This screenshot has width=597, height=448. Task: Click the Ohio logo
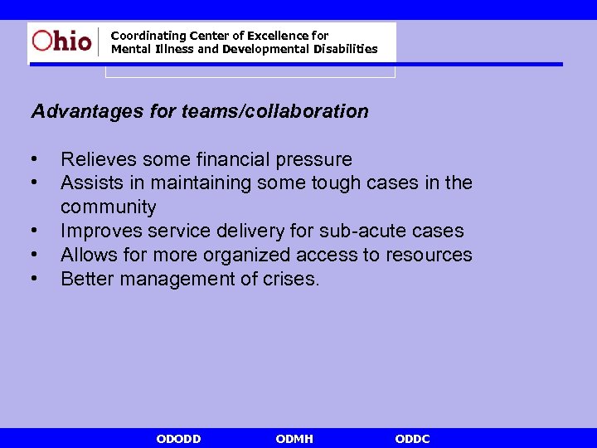[62, 40]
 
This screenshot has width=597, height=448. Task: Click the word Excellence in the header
[276, 36]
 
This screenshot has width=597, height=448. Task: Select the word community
[108, 207]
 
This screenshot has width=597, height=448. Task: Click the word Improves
[97, 231]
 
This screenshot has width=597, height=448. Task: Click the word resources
[429, 255]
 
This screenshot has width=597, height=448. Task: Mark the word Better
[88, 279]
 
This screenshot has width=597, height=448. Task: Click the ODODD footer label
[178, 439]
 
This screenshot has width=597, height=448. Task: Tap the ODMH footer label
[294, 439]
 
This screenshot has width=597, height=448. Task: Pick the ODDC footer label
[413, 439]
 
